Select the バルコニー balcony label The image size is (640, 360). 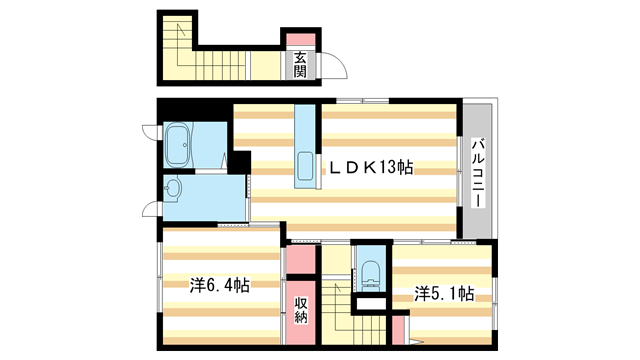(479, 171)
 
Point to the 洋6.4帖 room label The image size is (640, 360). (220, 285)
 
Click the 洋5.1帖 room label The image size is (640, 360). (444, 294)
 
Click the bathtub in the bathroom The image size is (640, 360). (183, 144)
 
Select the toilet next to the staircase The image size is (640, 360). (369, 270)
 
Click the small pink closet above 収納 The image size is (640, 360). (299, 262)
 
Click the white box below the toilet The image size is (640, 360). (370, 300)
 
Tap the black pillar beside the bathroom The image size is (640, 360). (240, 160)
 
